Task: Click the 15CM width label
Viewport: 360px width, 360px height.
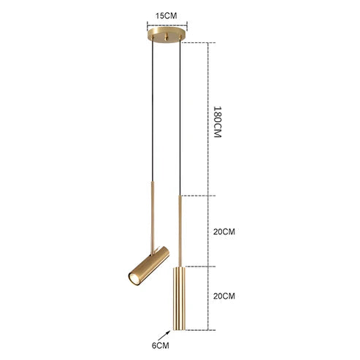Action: coord(168,12)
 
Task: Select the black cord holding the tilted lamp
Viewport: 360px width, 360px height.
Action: coord(152,110)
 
